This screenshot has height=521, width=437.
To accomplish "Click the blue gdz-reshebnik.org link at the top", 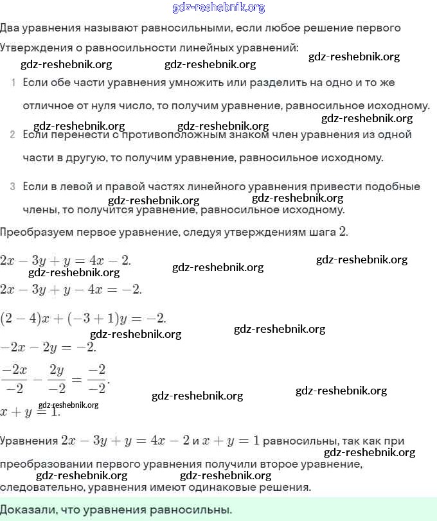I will [219, 8].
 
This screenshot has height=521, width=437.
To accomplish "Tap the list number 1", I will [13, 84].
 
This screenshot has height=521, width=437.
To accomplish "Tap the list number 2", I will [13, 135].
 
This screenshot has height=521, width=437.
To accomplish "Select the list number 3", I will [13, 187].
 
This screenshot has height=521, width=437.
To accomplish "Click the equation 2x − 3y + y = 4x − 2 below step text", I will [66, 260].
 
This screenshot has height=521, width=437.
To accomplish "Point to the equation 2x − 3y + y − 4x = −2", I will [71, 289].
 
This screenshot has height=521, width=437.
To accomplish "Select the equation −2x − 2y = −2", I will [48, 347].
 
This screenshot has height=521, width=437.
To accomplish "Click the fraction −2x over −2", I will [13, 378].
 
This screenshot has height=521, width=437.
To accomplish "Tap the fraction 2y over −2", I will [57, 378].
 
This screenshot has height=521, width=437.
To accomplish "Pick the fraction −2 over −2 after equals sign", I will [96, 378].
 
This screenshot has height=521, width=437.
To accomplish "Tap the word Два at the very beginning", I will [10, 28].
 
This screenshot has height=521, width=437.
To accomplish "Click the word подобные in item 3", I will [393, 187].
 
